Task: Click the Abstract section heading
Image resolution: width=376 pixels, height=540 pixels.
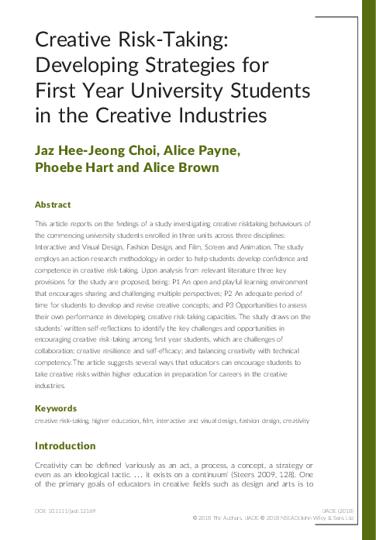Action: [53, 205]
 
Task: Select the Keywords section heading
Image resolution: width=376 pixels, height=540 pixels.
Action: [56, 408]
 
